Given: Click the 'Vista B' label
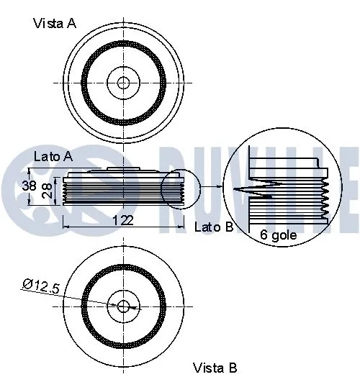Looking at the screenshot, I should (x=215, y=368).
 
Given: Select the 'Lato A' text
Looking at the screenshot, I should (x=53, y=156).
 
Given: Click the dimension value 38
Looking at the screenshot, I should (x=29, y=186).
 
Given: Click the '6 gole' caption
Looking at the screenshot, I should (x=278, y=235).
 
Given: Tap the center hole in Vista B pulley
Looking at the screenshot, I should (x=123, y=306).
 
